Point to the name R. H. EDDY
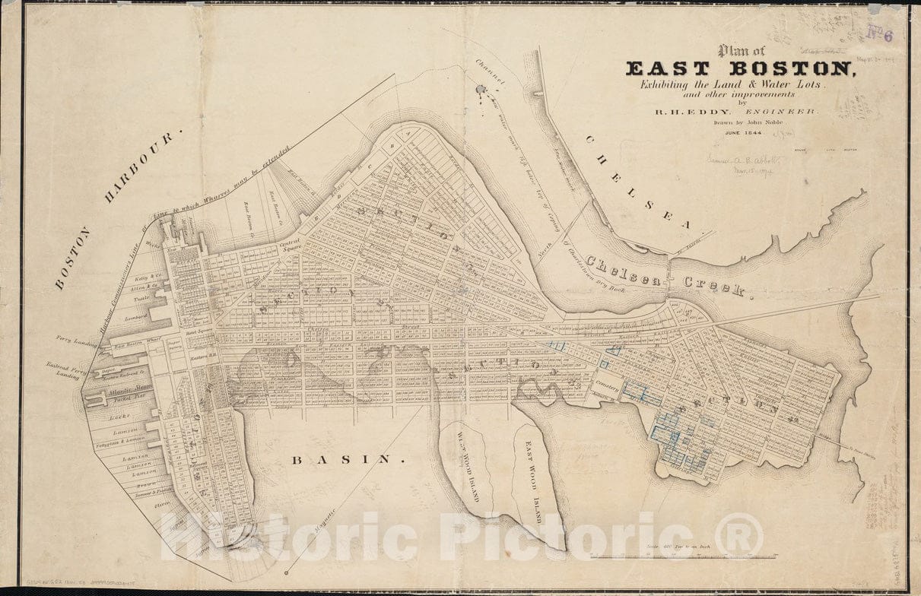click(x=684, y=112)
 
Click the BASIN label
click(x=346, y=459)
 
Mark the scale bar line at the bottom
click(x=683, y=556)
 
